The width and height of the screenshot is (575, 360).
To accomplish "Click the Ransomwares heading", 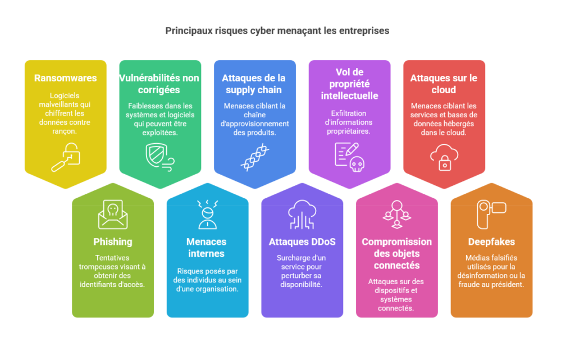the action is coord(65,78).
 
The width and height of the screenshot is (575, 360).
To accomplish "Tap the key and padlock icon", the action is coord(66,157).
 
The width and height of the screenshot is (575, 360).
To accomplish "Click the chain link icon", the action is coord(255,157).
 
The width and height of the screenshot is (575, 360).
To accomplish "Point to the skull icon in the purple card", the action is coord(357,164).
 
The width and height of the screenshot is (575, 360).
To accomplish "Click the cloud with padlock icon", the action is coord(444,157).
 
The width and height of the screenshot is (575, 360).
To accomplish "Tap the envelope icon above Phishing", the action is coord(113,215).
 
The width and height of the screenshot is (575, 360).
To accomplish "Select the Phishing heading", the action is coord(112,242).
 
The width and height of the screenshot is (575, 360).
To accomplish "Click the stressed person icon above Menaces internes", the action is coord(208,215).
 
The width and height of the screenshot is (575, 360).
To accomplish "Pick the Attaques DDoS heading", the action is coord(302,242).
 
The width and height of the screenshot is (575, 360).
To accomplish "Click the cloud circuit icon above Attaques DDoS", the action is coord(302,215).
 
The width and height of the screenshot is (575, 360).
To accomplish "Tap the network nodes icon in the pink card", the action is coord(397,215).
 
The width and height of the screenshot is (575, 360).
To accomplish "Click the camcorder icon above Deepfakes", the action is coord(491,215).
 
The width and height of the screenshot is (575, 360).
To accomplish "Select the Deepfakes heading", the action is coord(491,242).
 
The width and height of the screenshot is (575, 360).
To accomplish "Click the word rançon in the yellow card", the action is coord(64,131).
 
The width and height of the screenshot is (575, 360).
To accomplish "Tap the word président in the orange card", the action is coord(508,285).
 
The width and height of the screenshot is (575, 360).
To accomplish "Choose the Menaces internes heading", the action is coord(207,248).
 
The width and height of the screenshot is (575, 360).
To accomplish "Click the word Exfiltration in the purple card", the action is coord(348,113).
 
